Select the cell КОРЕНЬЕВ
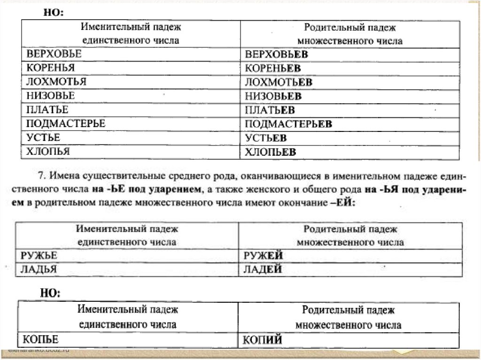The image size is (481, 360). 273,69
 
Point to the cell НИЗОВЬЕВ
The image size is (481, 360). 273,96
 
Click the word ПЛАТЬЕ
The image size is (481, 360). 47,110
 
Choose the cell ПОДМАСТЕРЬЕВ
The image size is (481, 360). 289,124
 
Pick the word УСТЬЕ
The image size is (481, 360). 44,138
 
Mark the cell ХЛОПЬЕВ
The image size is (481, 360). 271,152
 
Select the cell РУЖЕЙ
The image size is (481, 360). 264,255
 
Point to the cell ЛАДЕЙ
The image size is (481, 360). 264,269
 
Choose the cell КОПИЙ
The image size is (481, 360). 263,340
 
